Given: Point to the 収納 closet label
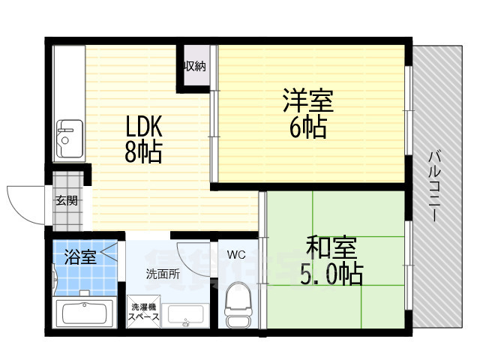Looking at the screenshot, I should [194, 66].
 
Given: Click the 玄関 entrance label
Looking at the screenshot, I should [66, 200].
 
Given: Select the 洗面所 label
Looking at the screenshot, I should [163, 274].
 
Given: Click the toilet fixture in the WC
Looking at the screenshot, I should [238, 303].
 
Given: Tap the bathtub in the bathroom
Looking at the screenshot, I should [83, 313].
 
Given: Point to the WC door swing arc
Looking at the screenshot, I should [195, 253].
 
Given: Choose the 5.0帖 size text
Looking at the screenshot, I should [331, 273].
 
